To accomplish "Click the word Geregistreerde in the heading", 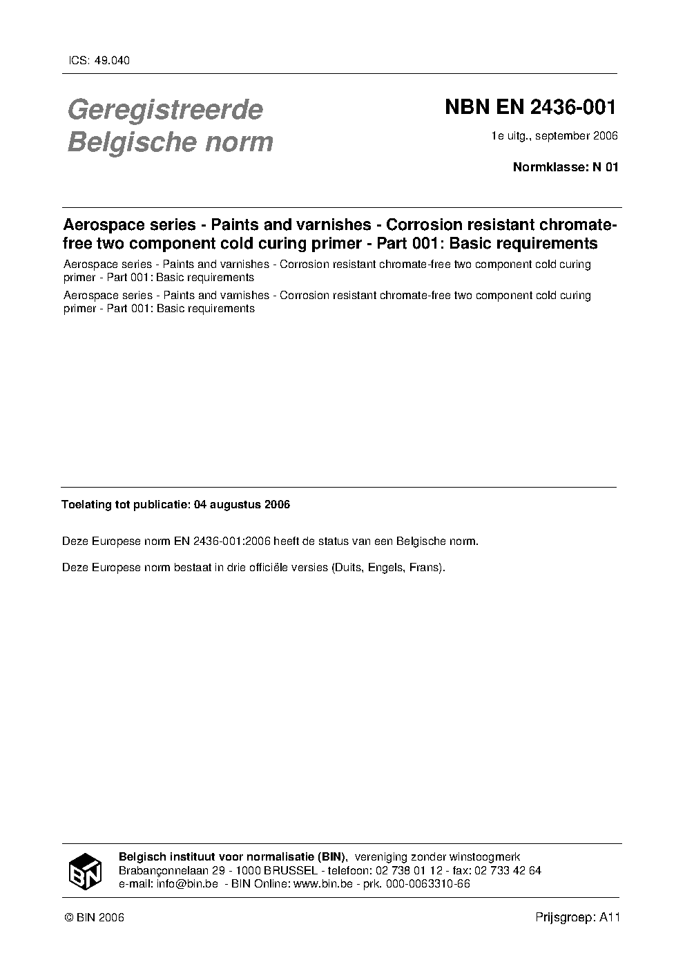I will [x=165, y=110].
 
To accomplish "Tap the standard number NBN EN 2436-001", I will [x=530, y=108].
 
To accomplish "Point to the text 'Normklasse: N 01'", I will [x=565, y=166].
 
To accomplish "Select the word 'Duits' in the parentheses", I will [x=348, y=568].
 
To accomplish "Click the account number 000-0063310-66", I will [x=428, y=883].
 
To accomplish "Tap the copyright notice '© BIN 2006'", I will [x=94, y=917].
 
